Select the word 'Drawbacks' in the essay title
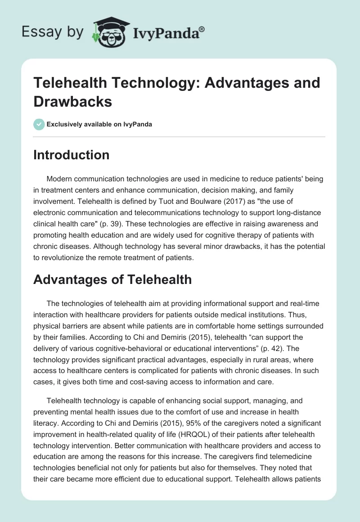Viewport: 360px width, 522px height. point(72,101)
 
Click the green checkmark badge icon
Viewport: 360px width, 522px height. point(39,124)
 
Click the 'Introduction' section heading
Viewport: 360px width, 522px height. point(71,155)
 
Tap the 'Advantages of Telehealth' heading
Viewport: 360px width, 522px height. point(112,279)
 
